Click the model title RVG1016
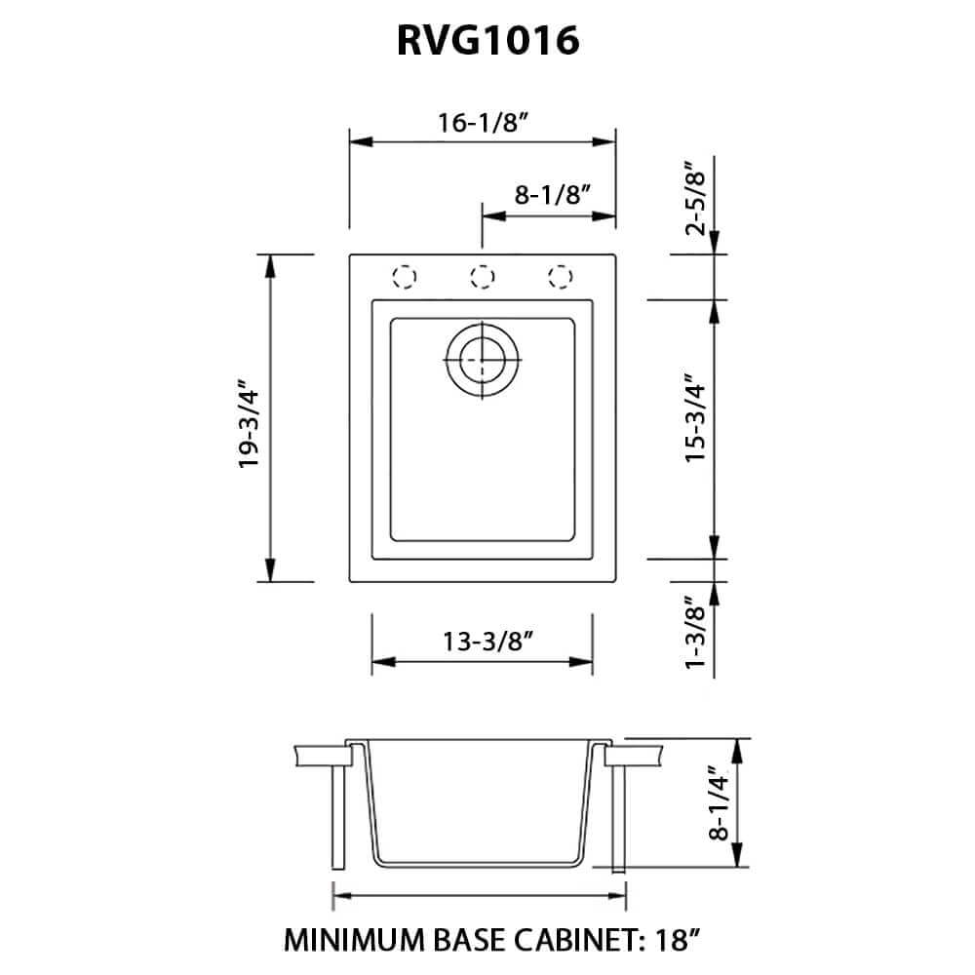(487, 42)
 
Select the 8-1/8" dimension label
(554, 194)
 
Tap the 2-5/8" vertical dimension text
(694, 199)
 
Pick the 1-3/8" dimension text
(694, 634)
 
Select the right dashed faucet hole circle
(559, 276)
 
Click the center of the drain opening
(482, 360)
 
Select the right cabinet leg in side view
(618, 817)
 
